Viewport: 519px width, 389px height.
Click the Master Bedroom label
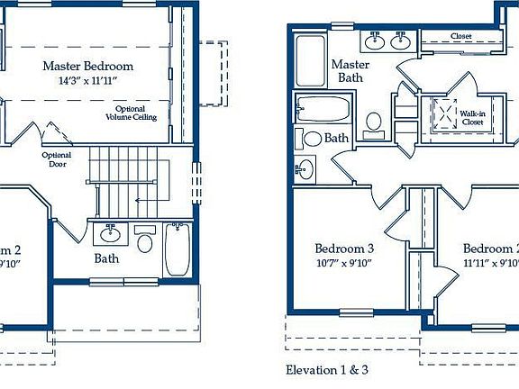88,66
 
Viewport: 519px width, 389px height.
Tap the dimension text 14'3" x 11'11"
88,81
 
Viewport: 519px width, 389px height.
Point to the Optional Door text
57,159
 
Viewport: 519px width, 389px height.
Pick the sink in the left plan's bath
111,235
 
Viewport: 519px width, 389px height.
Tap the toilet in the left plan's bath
144,240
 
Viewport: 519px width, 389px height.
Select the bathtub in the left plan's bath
177,249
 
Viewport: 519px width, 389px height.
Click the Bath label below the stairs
107,258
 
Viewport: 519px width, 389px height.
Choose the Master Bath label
350,72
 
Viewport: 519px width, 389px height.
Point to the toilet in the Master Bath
374,122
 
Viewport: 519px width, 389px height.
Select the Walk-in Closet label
473,118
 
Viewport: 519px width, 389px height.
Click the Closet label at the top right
460,36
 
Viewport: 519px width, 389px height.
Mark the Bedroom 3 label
344,249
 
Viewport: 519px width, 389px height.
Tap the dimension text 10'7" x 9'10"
344,264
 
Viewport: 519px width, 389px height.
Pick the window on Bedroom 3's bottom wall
356,312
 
